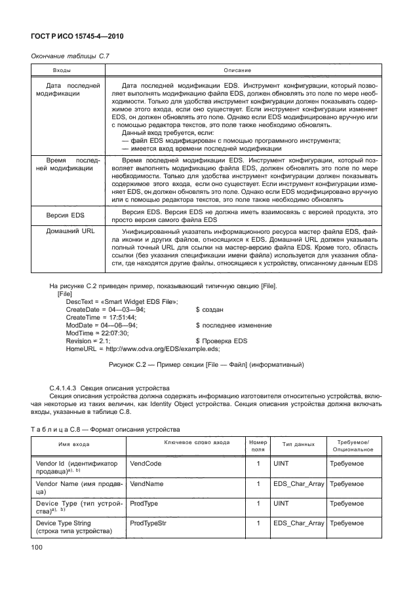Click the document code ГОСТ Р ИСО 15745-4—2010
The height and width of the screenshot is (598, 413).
point(78,37)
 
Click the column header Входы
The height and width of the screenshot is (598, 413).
point(62,69)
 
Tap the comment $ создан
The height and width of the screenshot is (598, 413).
point(211,309)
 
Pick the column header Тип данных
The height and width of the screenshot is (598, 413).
point(299,444)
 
